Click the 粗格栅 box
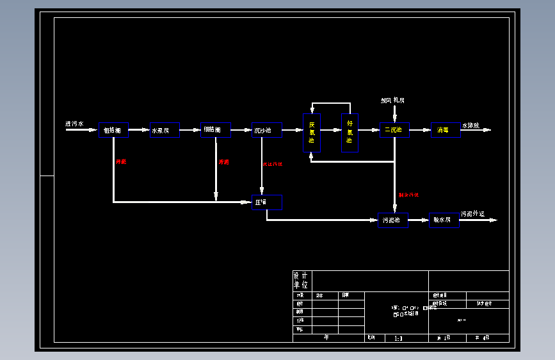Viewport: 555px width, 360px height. click(113, 130)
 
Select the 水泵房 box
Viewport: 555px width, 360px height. click(165, 130)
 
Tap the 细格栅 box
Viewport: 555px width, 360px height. click(216, 130)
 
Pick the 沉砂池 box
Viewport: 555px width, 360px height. click(266, 130)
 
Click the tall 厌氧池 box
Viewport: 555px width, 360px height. click(312, 133)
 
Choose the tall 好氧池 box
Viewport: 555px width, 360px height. click(350, 133)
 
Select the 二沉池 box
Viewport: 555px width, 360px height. click(394, 130)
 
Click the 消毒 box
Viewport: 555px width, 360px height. click(445, 130)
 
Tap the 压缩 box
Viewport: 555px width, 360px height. click(266, 202)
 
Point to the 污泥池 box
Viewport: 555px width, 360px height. click(393, 220)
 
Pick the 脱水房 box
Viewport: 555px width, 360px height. click(444, 220)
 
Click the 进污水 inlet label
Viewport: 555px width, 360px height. click(74, 124)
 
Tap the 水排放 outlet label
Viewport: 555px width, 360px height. click(471, 125)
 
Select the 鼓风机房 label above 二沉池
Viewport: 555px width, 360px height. click(392, 100)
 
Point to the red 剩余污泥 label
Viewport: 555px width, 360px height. click(408, 195)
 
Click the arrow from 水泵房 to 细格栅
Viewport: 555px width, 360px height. click(190, 130)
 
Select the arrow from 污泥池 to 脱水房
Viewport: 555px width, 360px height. click(419, 220)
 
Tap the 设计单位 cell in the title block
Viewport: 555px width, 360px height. click(301, 280)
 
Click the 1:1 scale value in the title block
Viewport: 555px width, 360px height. click(398, 338)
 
